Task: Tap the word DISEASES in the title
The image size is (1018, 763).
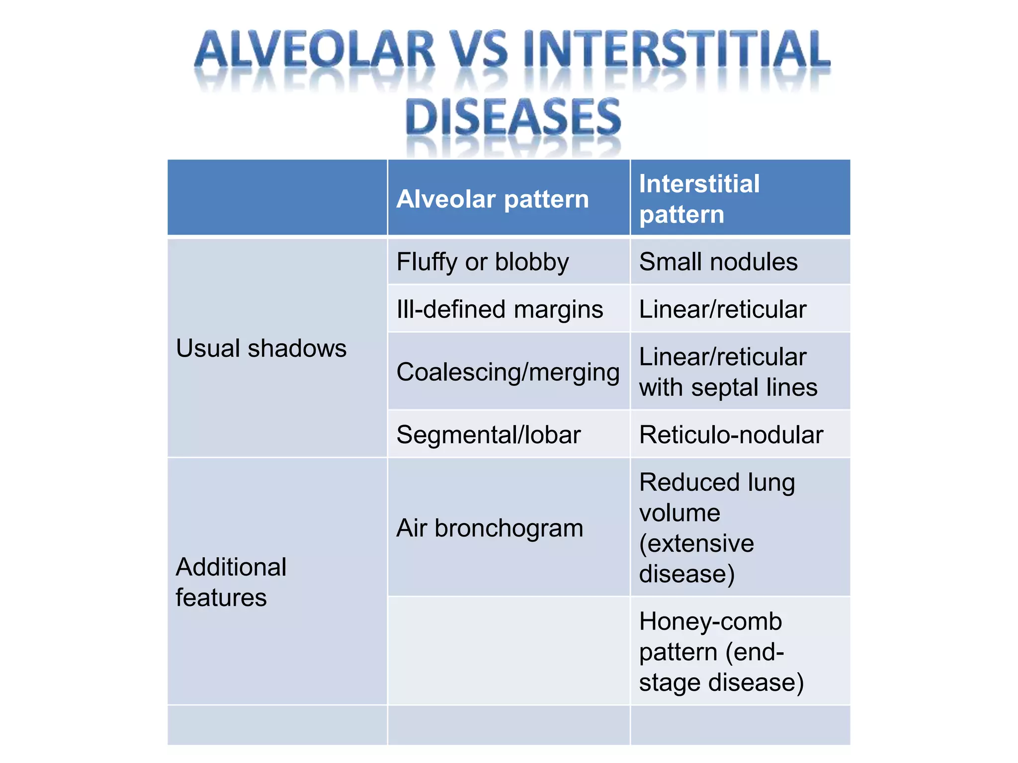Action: [x=513, y=117]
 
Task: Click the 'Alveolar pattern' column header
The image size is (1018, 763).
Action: [x=492, y=199]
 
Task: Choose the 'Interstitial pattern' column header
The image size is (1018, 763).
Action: [x=699, y=199]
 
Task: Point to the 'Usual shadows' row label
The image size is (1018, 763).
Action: [x=261, y=348]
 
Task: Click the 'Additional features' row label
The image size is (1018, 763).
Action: [x=231, y=582]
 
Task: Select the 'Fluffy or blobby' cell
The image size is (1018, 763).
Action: [x=482, y=262]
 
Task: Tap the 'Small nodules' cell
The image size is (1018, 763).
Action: [x=718, y=262]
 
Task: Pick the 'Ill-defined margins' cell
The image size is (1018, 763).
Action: [x=500, y=309]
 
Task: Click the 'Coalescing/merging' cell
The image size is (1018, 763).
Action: [x=508, y=372]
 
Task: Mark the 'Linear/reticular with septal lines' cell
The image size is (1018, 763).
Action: [x=728, y=372]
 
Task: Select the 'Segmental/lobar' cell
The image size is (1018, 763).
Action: [x=488, y=435]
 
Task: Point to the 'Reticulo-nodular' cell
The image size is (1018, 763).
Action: [x=731, y=435]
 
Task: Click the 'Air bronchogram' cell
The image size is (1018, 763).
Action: [x=489, y=528]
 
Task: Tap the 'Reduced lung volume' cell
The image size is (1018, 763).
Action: [x=717, y=528]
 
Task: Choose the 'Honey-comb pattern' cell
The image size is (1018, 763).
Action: [x=721, y=651]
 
